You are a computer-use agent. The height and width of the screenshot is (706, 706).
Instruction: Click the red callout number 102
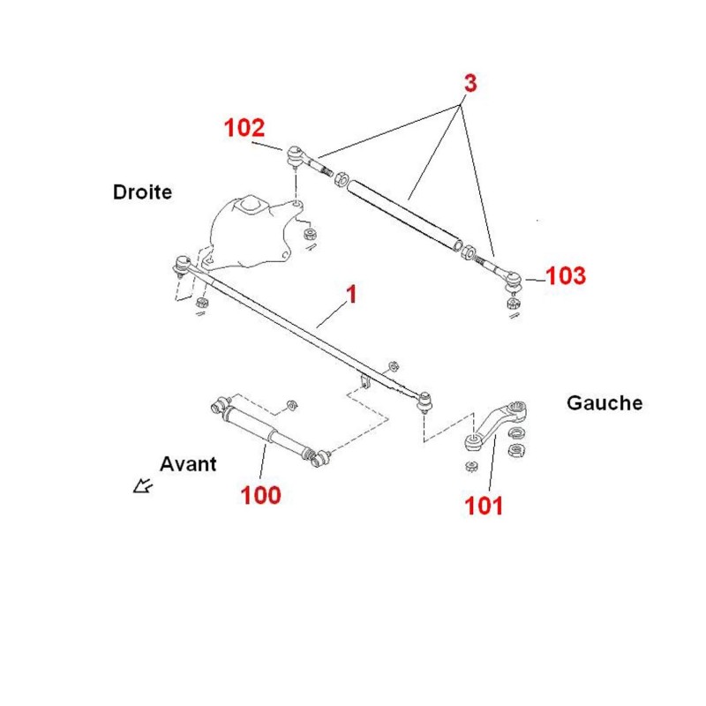pyautogui.click(x=244, y=128)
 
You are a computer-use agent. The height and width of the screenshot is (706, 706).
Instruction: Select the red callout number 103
pyautogui.click(x=566, y=275)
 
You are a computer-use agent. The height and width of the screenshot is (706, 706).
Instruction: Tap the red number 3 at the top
pyautogui.click(x=470, y=83)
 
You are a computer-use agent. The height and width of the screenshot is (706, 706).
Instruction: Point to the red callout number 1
pyautogui.click(x=351, y=294)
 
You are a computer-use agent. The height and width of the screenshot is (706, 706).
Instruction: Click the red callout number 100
pyautogui.click(x=260, y=495)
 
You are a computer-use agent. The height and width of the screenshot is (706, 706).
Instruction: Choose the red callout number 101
pyautogui.click(x=484, y=506)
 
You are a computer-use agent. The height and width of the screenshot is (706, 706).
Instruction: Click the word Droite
pyautogui.click(x=142, y=192)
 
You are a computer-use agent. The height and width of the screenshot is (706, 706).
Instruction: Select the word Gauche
pyautogui.click(x=605, y=403)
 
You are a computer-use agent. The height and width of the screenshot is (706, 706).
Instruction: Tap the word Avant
pyautogui.click(x=188, y=464)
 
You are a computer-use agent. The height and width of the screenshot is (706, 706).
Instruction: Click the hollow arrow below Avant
pyautogui.click(x=143, y=486)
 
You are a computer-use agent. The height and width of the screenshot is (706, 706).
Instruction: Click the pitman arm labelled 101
pyautogui.click(x=494, y=424)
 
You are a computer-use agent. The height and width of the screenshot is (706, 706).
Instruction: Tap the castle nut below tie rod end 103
pyautogui.click(x=513, y=303)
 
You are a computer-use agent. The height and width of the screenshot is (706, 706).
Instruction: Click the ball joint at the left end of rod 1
pyautogui.click(x=182, y=265)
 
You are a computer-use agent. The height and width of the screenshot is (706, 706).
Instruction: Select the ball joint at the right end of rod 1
pyautogui.click(x=424, y=402)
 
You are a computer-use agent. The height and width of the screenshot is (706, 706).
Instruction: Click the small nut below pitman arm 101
pyautogui.click(x=471, y=466)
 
